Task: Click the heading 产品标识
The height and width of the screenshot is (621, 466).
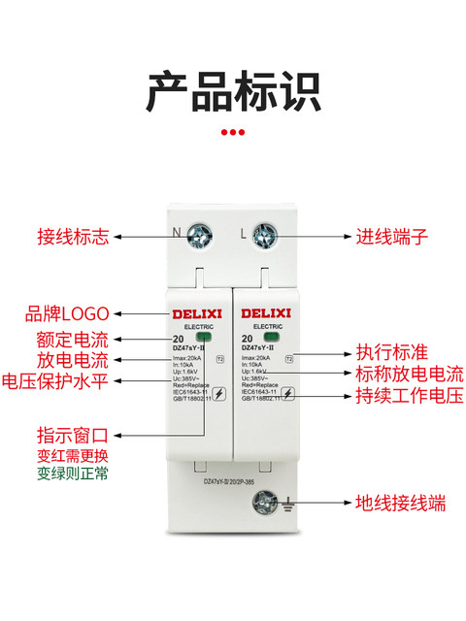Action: (233, 91)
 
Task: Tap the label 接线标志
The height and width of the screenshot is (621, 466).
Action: (73, 237)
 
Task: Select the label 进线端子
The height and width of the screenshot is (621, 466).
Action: (391, 237)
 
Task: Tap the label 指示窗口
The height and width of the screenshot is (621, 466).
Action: (74, 435)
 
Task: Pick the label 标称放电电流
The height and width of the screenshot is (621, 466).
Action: (407, 374)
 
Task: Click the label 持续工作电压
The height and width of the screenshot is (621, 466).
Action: (407, 395)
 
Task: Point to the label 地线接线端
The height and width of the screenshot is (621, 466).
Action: (400, 504)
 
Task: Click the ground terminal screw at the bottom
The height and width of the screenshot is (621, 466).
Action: (263, 503)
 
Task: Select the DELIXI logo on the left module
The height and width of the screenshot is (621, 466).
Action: (197, 313)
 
